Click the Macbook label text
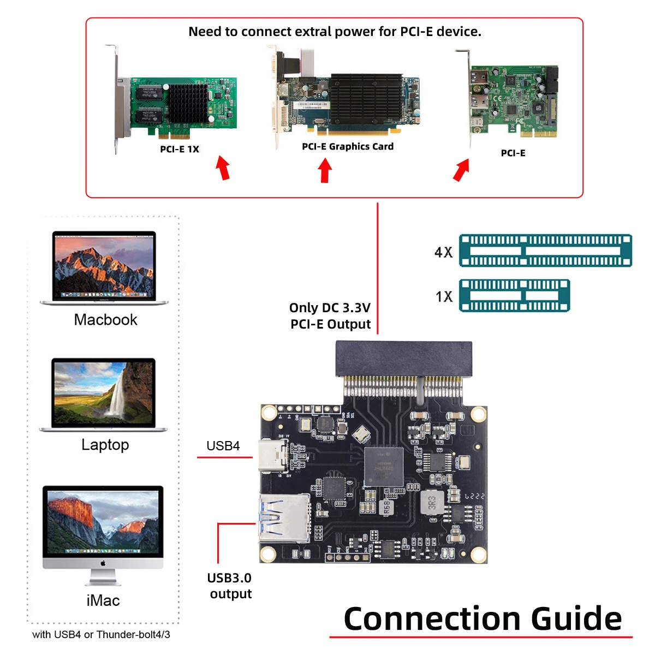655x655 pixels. tap(105, 320)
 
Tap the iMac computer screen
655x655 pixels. tap(103, 521)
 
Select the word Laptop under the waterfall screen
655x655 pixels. tap(105, 445)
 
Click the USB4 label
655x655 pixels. tap(223, 446)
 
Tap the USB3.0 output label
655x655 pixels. tap(230, 586)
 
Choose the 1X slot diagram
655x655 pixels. tap(514, 295)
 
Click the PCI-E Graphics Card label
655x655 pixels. tap(348, 146)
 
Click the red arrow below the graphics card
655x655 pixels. tap(325, 170)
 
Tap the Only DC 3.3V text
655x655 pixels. tap(330, 308)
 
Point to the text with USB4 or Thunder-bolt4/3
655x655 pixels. tap(101, 634)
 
